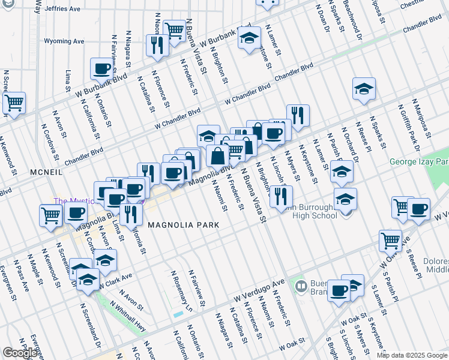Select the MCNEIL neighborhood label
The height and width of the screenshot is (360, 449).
tap(46, 172)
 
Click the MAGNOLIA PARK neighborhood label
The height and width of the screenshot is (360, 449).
tap(182, 224)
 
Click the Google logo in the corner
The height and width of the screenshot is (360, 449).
tap(20, 353)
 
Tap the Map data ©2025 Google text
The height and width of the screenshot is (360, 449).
tap(412, 355)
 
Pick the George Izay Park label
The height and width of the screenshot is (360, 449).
tap(418, 161)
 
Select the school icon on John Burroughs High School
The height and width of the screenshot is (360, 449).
tap(345, 199)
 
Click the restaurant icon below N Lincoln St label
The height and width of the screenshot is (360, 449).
tap(281, 196)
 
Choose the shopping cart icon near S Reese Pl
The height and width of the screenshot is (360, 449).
tap(390, 240)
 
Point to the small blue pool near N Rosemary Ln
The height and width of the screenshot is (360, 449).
tap(178, 314)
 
